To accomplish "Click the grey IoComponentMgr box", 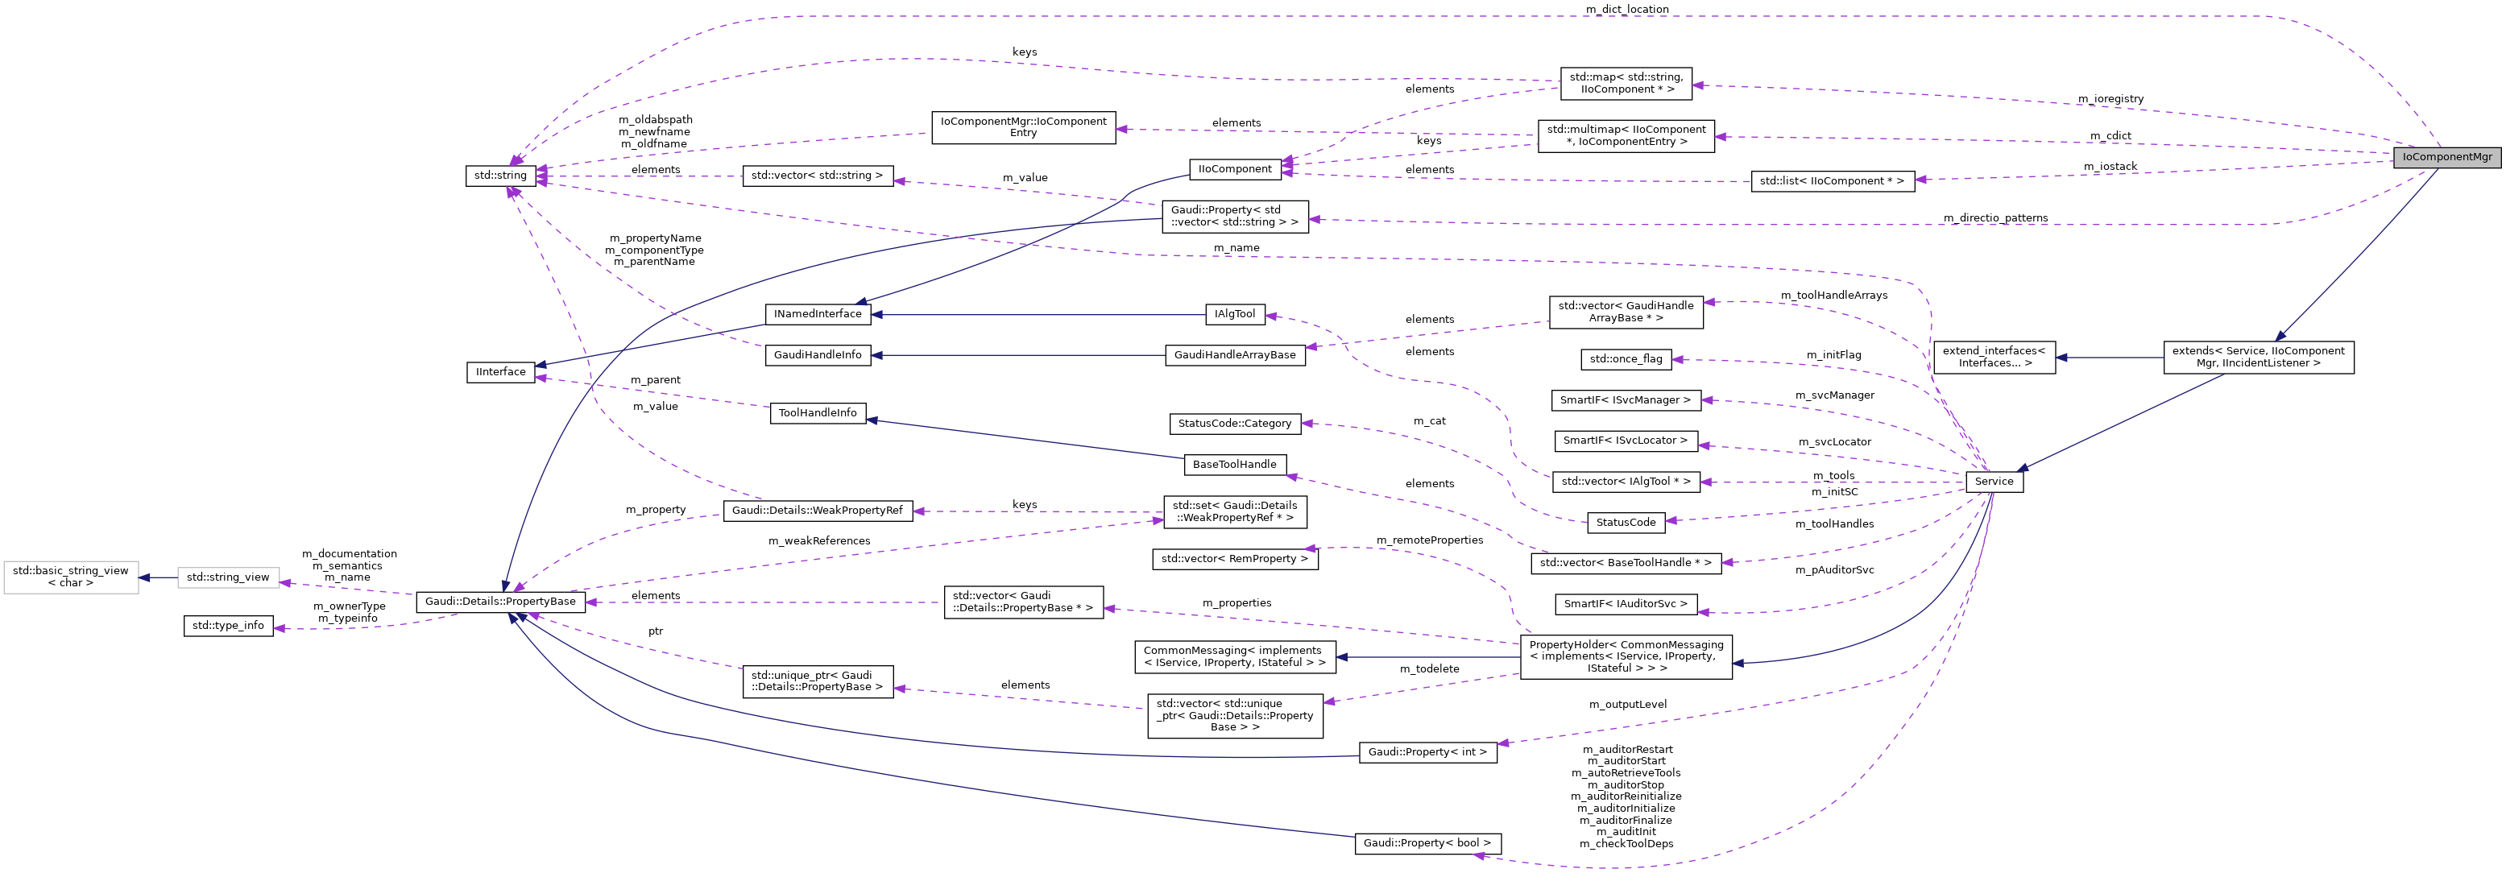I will pos(2446,156).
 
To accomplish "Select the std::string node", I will pos(500,176).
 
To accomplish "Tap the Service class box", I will pos(1994,482).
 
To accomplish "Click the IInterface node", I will pos(500,372).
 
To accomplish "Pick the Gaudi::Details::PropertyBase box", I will pos(500,602).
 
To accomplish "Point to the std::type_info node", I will pos(228,625).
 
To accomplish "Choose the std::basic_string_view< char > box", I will pos(70,577).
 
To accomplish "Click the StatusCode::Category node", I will pos(1235,424).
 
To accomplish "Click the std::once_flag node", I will pos(1626,358).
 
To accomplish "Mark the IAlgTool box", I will pos(1235,314).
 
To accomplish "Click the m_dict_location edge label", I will pos(1626,10).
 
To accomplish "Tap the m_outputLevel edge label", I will pos(1626,705).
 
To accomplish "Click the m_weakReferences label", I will pos(818,541).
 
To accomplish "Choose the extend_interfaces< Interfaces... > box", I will pos(1994,358).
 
